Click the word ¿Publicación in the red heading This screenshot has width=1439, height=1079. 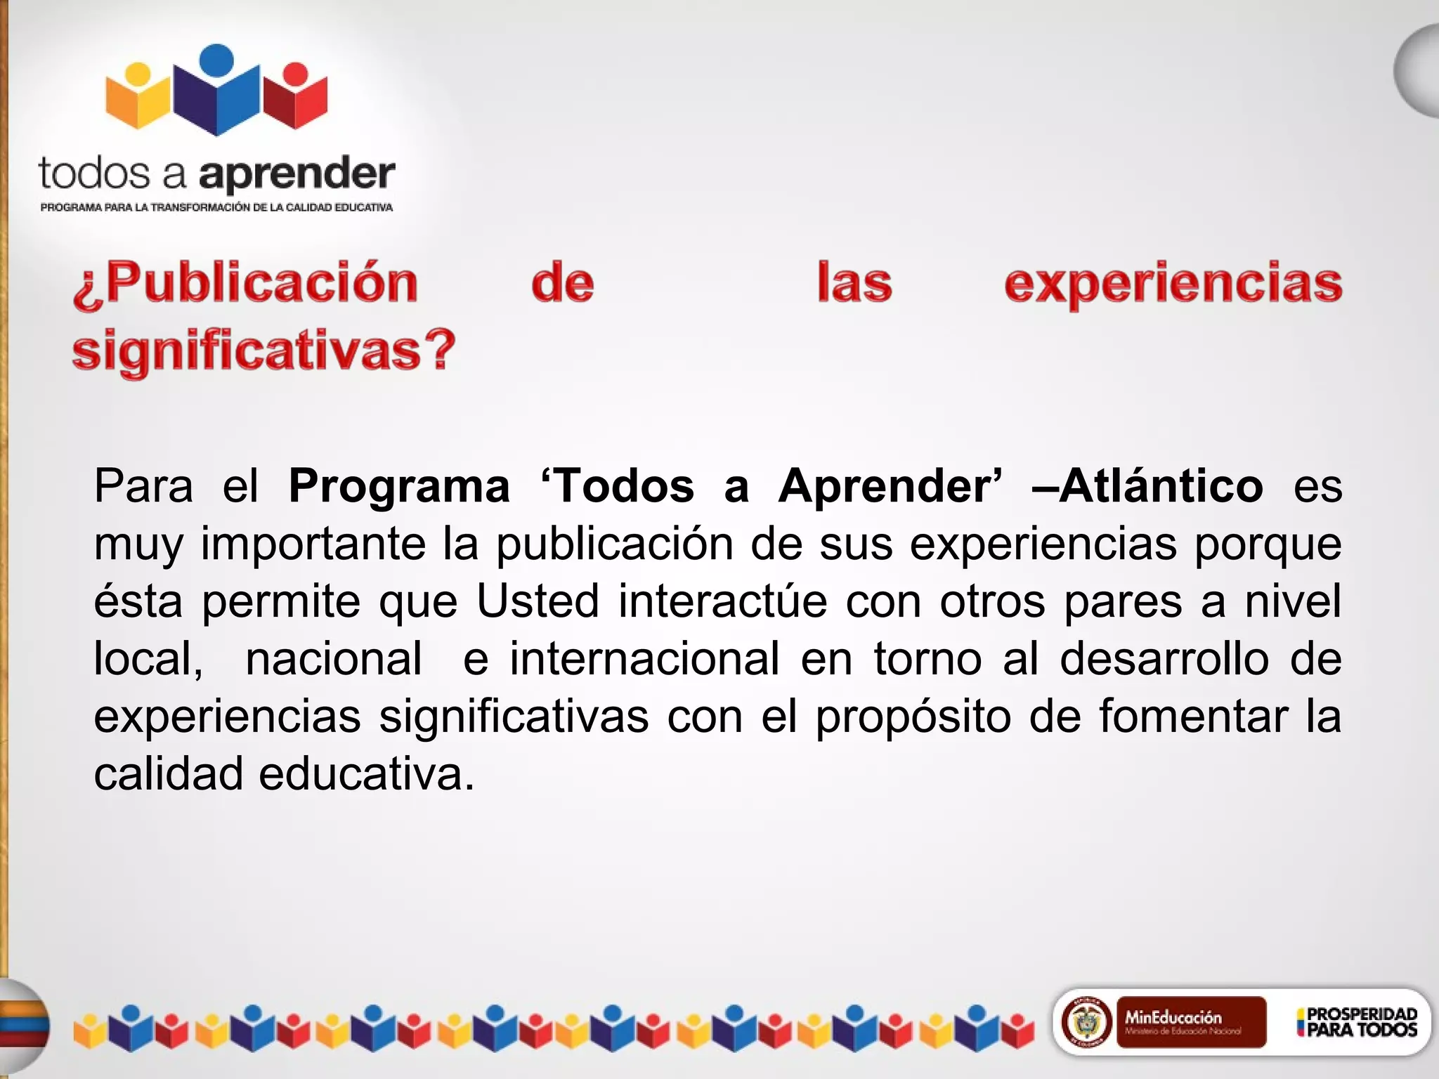pyautogui.click(x=246, y=283)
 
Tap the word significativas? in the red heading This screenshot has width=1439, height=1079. pyautogui.click(x=264, y=350)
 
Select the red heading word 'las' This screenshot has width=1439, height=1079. pyautogui.click(x=854, y=283)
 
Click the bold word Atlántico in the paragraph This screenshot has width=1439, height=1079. pyautogui.click(x=1161, y=485)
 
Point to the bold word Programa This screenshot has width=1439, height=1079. pyautogui.click(x=399, y=486)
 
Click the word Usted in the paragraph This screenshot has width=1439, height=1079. pyautogui.click(x=538, y=601)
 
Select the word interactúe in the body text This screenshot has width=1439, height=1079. pyautogui.click(x=722, y=601)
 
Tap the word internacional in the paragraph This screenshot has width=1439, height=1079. pyautogui.click(x=644, y=659)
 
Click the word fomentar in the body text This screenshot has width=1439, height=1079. pyautogui.click(x=1193, y=717)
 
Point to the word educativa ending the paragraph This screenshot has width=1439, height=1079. pyautogui.click(x=366, y=774)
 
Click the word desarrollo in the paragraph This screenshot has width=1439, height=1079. pyautogui.click(x=1164, y=659)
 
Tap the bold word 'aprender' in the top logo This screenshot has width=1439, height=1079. pyautogui.click(x=297, y=174)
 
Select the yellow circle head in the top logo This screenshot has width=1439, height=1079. pyautogui.click(x=138, y=74)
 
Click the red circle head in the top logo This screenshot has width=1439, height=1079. pyautogui.click(x=296, y=73)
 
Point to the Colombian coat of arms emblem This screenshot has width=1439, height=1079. pyautogui.click(x=1086, y=1022)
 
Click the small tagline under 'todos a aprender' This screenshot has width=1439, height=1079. pyautogui.click(x=216, y=207)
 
